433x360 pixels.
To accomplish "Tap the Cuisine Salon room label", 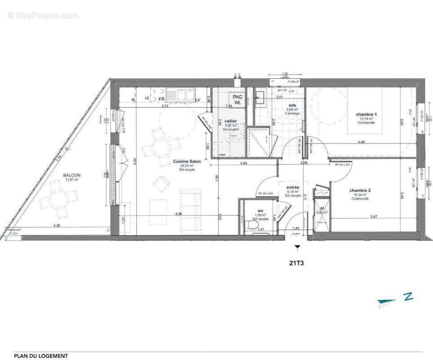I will [x=187, y=161].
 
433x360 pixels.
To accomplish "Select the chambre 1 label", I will [x=366, y=114].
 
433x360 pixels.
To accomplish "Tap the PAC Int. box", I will [x=237, y=99].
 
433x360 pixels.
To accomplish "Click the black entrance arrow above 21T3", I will [x=296, y=247].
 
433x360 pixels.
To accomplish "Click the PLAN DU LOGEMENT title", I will [x=41, y=356].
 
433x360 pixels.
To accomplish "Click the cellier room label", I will [x=230, y=121].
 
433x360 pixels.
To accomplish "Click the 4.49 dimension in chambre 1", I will [x=361, y=142].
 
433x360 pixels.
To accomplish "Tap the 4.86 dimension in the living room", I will [x=179, y=214].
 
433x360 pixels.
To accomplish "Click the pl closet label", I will [x=321, y=207].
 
